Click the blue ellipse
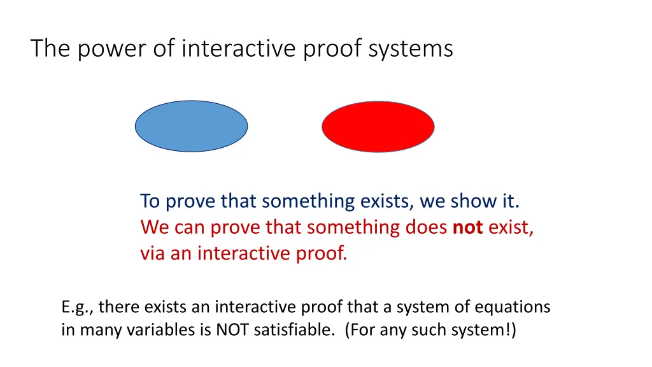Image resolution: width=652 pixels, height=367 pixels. pyautogui.click(x=191, y=126)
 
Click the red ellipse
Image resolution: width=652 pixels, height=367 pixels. pyautogui.click(x=378, y=126)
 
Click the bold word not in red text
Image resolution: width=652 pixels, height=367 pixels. pyautogui.click(x=468, y=227)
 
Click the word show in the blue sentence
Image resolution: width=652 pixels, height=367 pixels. pyautogui.click(x=472, y=201)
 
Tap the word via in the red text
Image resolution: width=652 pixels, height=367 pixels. pyautogui.click(x=153, y=254)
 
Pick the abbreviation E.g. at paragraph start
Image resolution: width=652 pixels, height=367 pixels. pyautogui.click(x=78, y=308)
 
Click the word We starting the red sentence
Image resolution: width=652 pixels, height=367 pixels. pyautogui.click(x=153, y=227)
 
